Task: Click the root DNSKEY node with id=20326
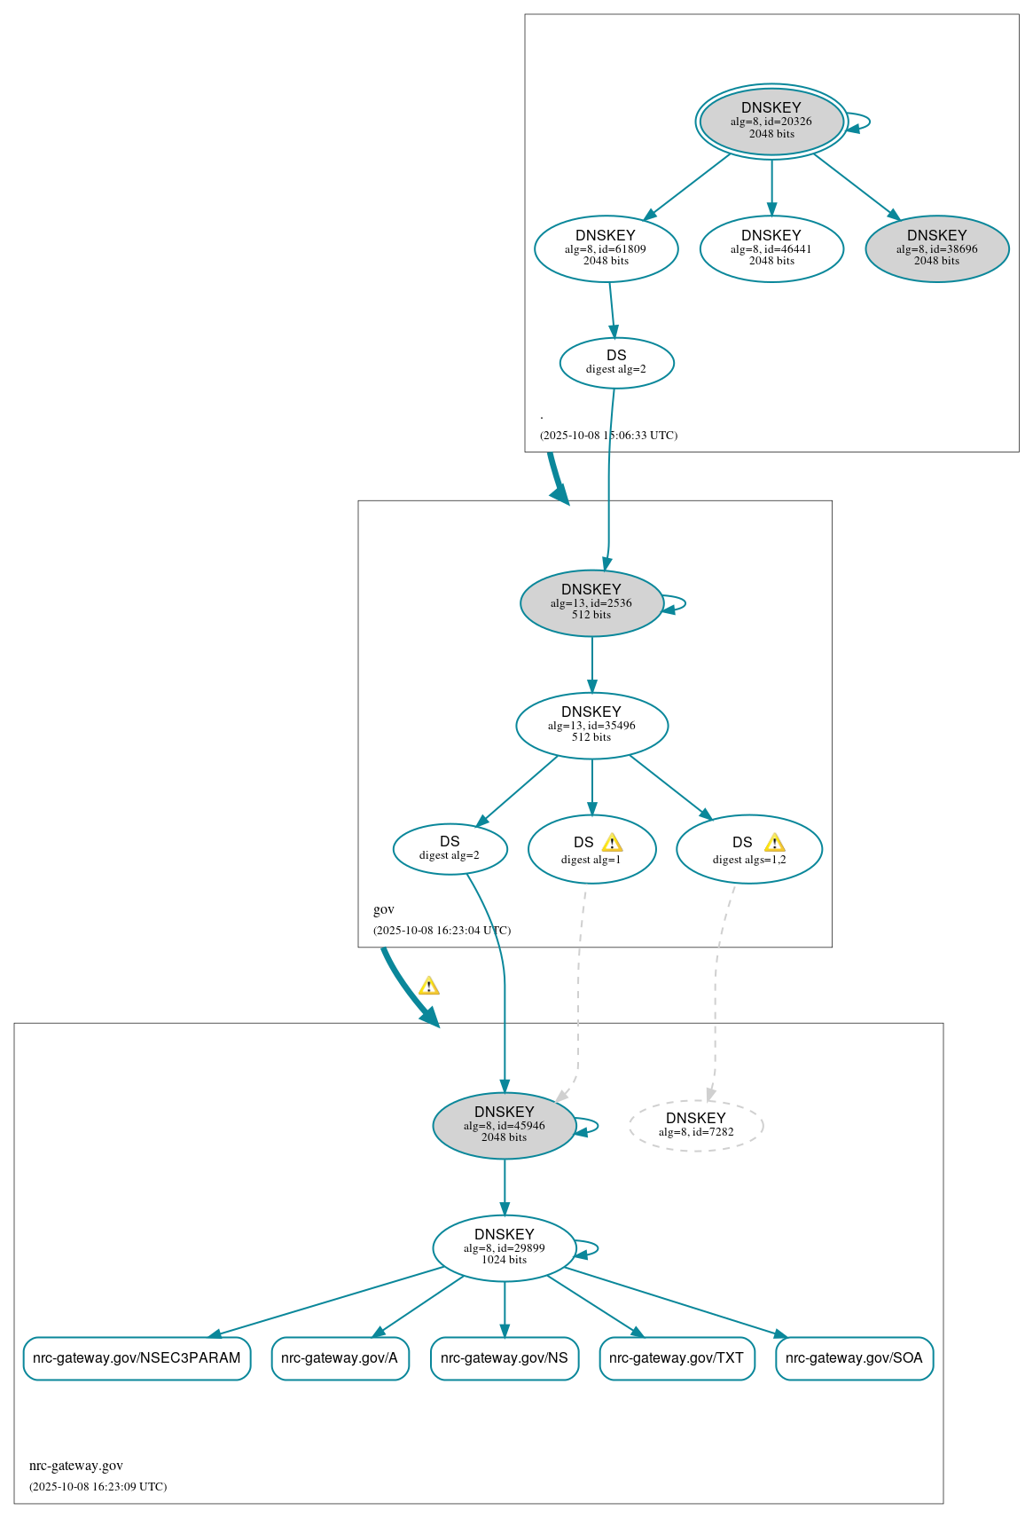click(771, 122)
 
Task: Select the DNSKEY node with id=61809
click(606, 249)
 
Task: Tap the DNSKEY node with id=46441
click(771, 249)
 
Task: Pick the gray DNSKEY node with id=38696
click(936, 249)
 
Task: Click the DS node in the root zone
click(616, 363)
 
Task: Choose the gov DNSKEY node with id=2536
click(591, 603)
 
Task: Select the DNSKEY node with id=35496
click(591, 726)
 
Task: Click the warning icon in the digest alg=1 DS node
click(612, 843)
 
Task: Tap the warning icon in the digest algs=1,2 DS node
click(774, 843)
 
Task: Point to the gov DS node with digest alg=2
click(450, 849)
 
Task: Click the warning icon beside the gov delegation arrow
click(429, 986)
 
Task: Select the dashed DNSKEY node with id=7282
click(695, 1125)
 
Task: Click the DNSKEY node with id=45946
click(504, 1125)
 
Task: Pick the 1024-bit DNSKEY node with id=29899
click(504, 1247)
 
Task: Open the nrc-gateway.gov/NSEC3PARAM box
click(137, 1358)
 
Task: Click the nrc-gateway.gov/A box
click(340, 1358)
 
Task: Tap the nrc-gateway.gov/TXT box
click(677, 1358)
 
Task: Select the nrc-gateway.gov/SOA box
click(854, 1358)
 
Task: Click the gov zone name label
click(384, 909)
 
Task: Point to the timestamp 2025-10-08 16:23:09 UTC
click(98, 1486)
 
